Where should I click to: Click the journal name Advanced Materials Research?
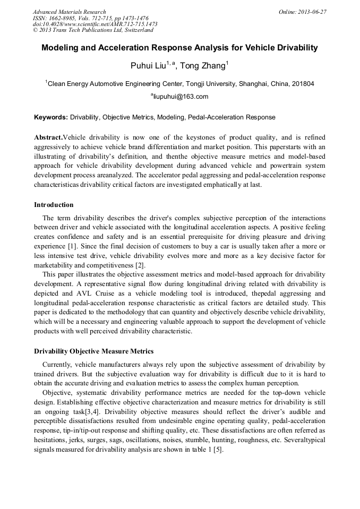tap(69, 12)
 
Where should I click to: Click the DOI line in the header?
tap(95, 24)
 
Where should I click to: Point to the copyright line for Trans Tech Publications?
tap(93, 30)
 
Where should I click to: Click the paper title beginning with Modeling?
tap(179, 48)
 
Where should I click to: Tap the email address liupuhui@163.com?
tap(181, 97)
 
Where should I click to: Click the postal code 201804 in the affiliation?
tap(303, 83)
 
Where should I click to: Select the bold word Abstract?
tap(48, 137)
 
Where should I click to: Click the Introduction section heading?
tap(54, 204)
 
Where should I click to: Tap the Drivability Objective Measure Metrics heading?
tap(93, 351)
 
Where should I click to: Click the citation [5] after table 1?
tap(217, 450)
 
